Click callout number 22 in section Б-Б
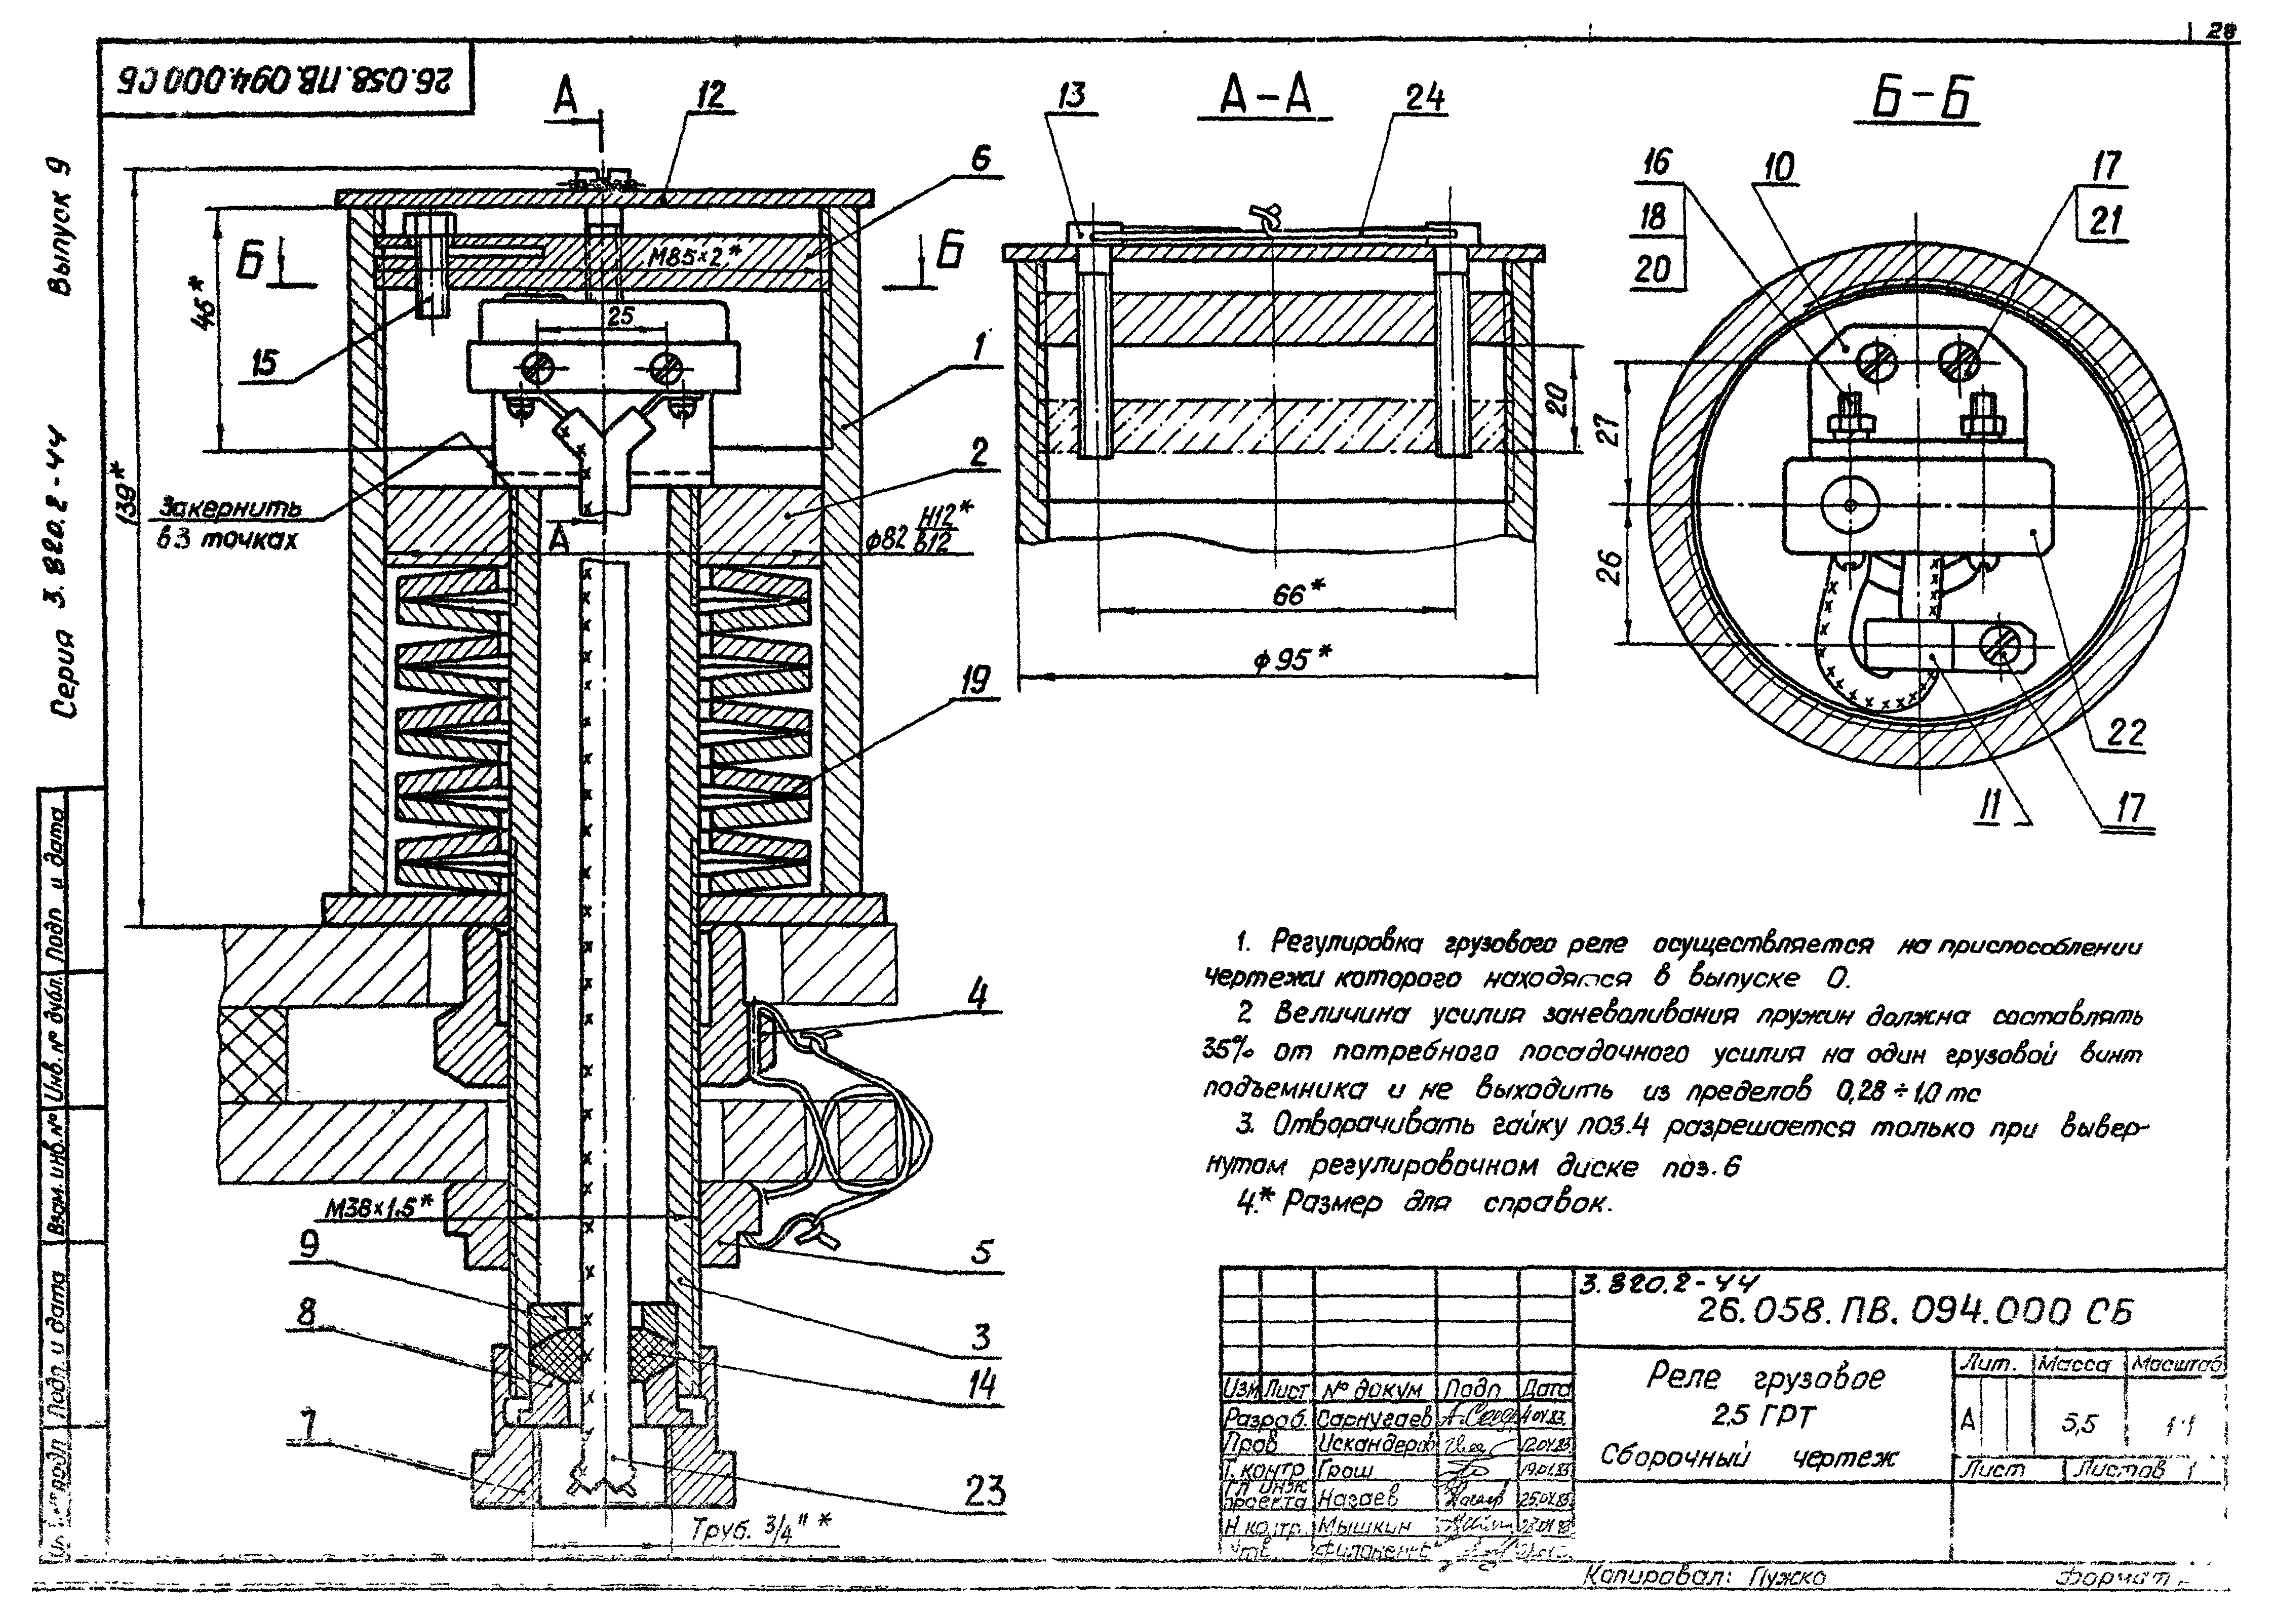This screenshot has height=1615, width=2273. coord(2126,734)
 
